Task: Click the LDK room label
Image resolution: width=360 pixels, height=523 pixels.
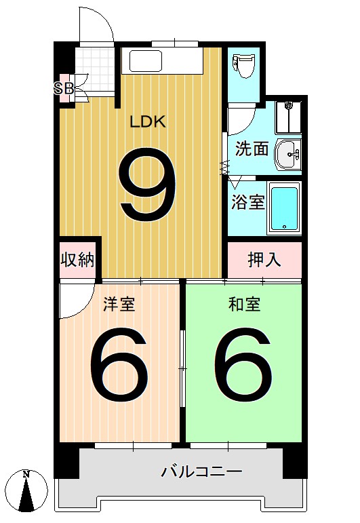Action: pos(148,122)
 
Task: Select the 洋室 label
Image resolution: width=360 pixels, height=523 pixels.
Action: pos(119,305)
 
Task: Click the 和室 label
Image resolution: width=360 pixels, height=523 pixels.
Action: pos(244,305)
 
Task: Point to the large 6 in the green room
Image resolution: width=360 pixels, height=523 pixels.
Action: pos(243,366)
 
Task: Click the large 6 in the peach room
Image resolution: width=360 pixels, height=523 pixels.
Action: pos(119,366)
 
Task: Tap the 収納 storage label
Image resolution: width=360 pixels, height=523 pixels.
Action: pos(78,259)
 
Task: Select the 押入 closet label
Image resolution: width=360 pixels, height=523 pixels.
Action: pos(264,259)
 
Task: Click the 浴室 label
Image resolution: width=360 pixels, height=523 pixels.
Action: pos(247,202)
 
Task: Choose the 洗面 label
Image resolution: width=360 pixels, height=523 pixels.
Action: pos(252,149)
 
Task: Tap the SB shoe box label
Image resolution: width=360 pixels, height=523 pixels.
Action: pos(64,88)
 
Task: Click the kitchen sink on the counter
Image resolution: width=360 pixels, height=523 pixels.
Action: pos(144,62)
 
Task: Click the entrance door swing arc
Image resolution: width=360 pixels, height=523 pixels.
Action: pos(95,24)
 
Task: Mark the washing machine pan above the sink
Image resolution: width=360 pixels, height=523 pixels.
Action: pos(289,118)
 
